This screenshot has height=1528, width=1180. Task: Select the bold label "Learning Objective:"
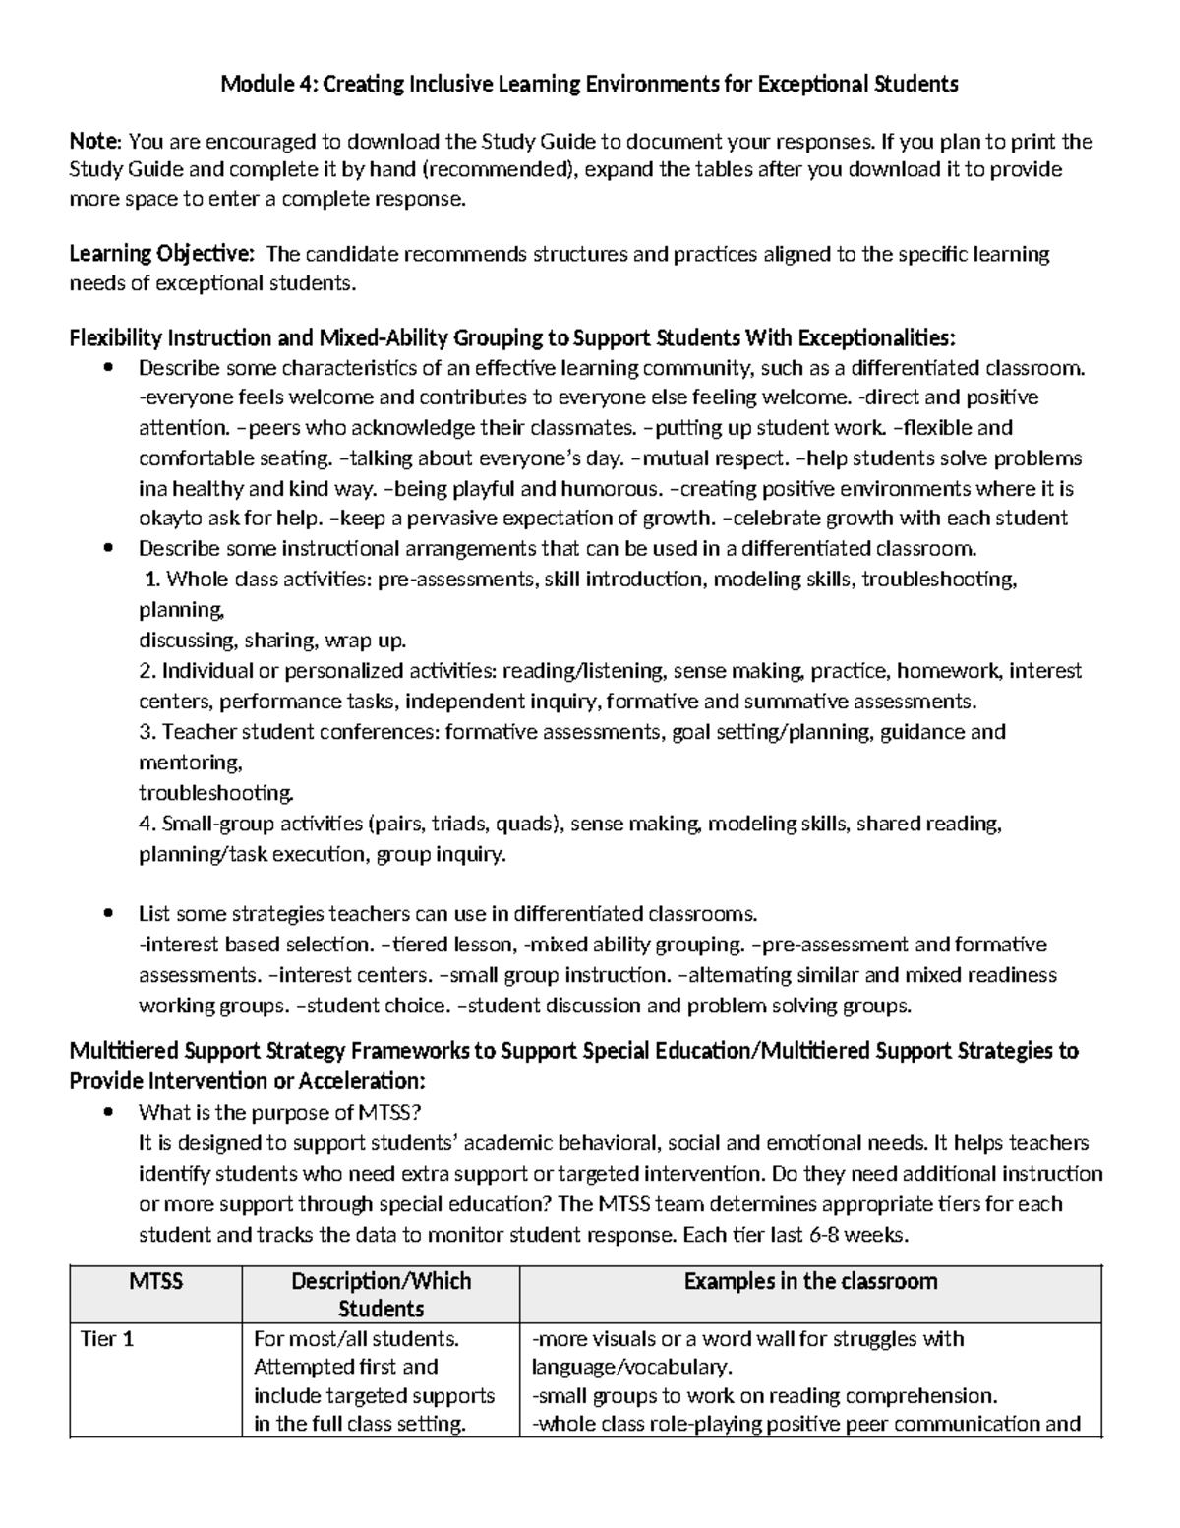[161, 255]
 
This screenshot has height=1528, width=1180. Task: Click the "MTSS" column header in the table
[155, 1281]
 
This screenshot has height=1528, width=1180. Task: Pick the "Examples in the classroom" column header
[810, 1281]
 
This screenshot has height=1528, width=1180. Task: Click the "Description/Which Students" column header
[381, 1294]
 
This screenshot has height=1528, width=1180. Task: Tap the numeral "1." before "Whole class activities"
[152, 580]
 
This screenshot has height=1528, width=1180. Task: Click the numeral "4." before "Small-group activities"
[147, 824]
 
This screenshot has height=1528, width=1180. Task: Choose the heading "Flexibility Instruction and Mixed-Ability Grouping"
[306, 338]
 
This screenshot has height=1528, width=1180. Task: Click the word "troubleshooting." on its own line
[215, 793]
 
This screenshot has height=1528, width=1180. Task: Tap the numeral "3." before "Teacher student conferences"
[147, 732]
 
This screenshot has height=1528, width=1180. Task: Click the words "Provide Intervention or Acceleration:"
[247, 1080]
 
